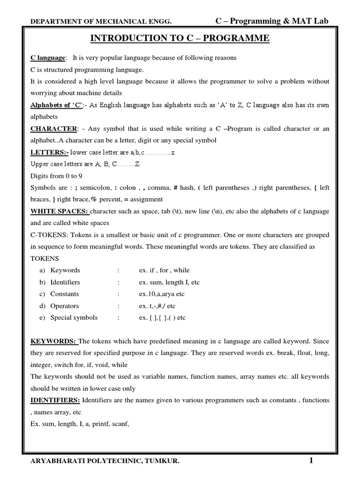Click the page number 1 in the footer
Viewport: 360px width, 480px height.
point(311,461)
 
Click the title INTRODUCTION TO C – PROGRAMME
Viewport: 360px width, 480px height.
point(180,38)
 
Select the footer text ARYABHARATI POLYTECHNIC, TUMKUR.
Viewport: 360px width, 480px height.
point(104,462)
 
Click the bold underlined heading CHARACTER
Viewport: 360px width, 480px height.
point(53,128)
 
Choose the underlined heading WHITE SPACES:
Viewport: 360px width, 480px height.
point(59,211)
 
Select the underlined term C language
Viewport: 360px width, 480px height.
point(48,58)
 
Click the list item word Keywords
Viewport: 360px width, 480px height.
point(65,270)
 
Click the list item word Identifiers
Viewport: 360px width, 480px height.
point(65,282)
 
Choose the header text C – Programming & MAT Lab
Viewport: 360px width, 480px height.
point(272,21)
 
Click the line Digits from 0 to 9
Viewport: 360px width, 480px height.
point(57,176)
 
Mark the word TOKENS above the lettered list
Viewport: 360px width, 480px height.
point(45,258)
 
